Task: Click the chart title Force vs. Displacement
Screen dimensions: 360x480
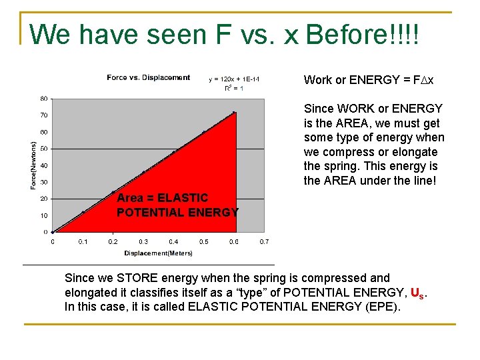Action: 148,78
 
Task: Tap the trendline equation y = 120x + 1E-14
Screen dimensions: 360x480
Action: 234,79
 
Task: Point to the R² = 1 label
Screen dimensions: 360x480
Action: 233,88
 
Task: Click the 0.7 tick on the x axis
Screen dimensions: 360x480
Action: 264,241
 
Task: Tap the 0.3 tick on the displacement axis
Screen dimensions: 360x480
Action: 143,241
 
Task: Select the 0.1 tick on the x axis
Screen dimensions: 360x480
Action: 83,241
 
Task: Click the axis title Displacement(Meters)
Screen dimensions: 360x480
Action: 158,253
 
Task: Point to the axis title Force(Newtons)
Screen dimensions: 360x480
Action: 33,164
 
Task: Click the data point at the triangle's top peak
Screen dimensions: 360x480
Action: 234,113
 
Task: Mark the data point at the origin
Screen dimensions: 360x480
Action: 53,232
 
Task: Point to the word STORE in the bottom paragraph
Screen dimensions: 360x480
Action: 136,278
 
